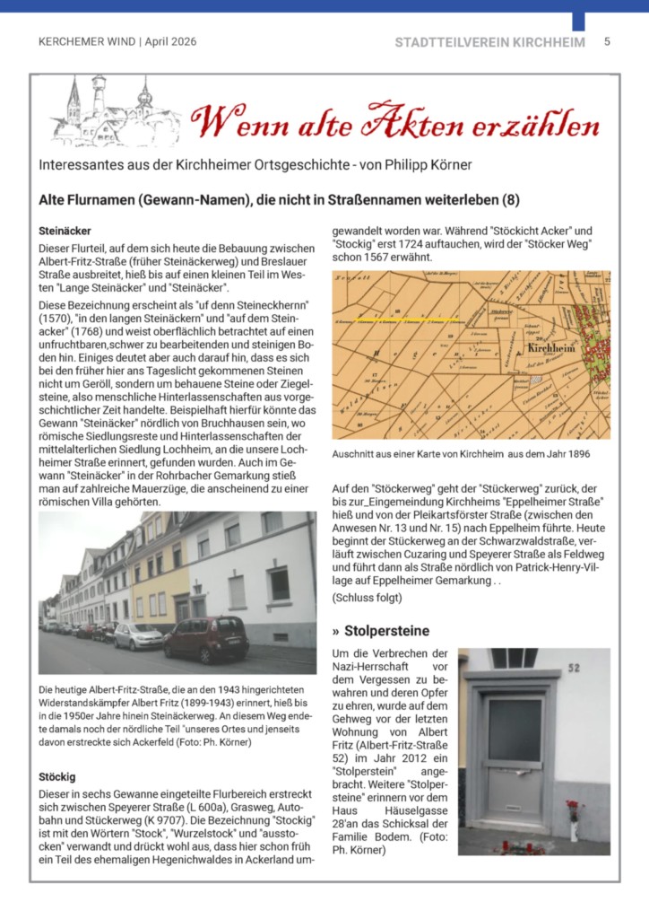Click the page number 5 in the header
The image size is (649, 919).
tap(607, 41)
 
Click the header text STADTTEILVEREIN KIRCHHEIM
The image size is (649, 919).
tap(489, 42)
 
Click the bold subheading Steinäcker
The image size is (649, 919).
tap(65, 231)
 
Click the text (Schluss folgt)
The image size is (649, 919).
tap(367, 598)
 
